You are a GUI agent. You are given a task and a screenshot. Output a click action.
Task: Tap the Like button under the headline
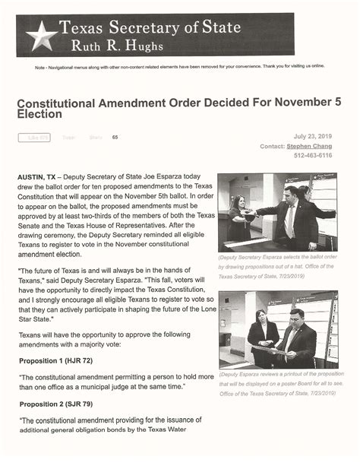pos(34,138)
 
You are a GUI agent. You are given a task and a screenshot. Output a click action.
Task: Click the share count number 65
pos(115,138)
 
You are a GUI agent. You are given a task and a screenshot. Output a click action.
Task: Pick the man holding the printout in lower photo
pos(297,334)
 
